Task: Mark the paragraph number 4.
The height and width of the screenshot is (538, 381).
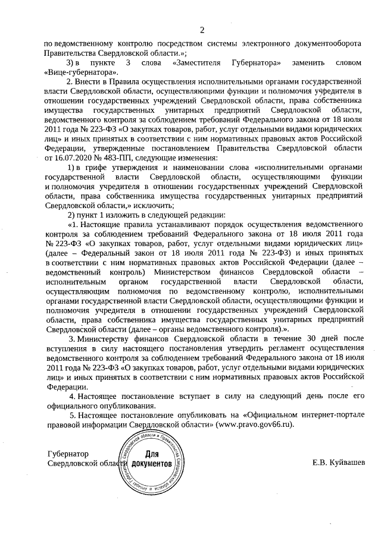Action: [72, 396]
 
